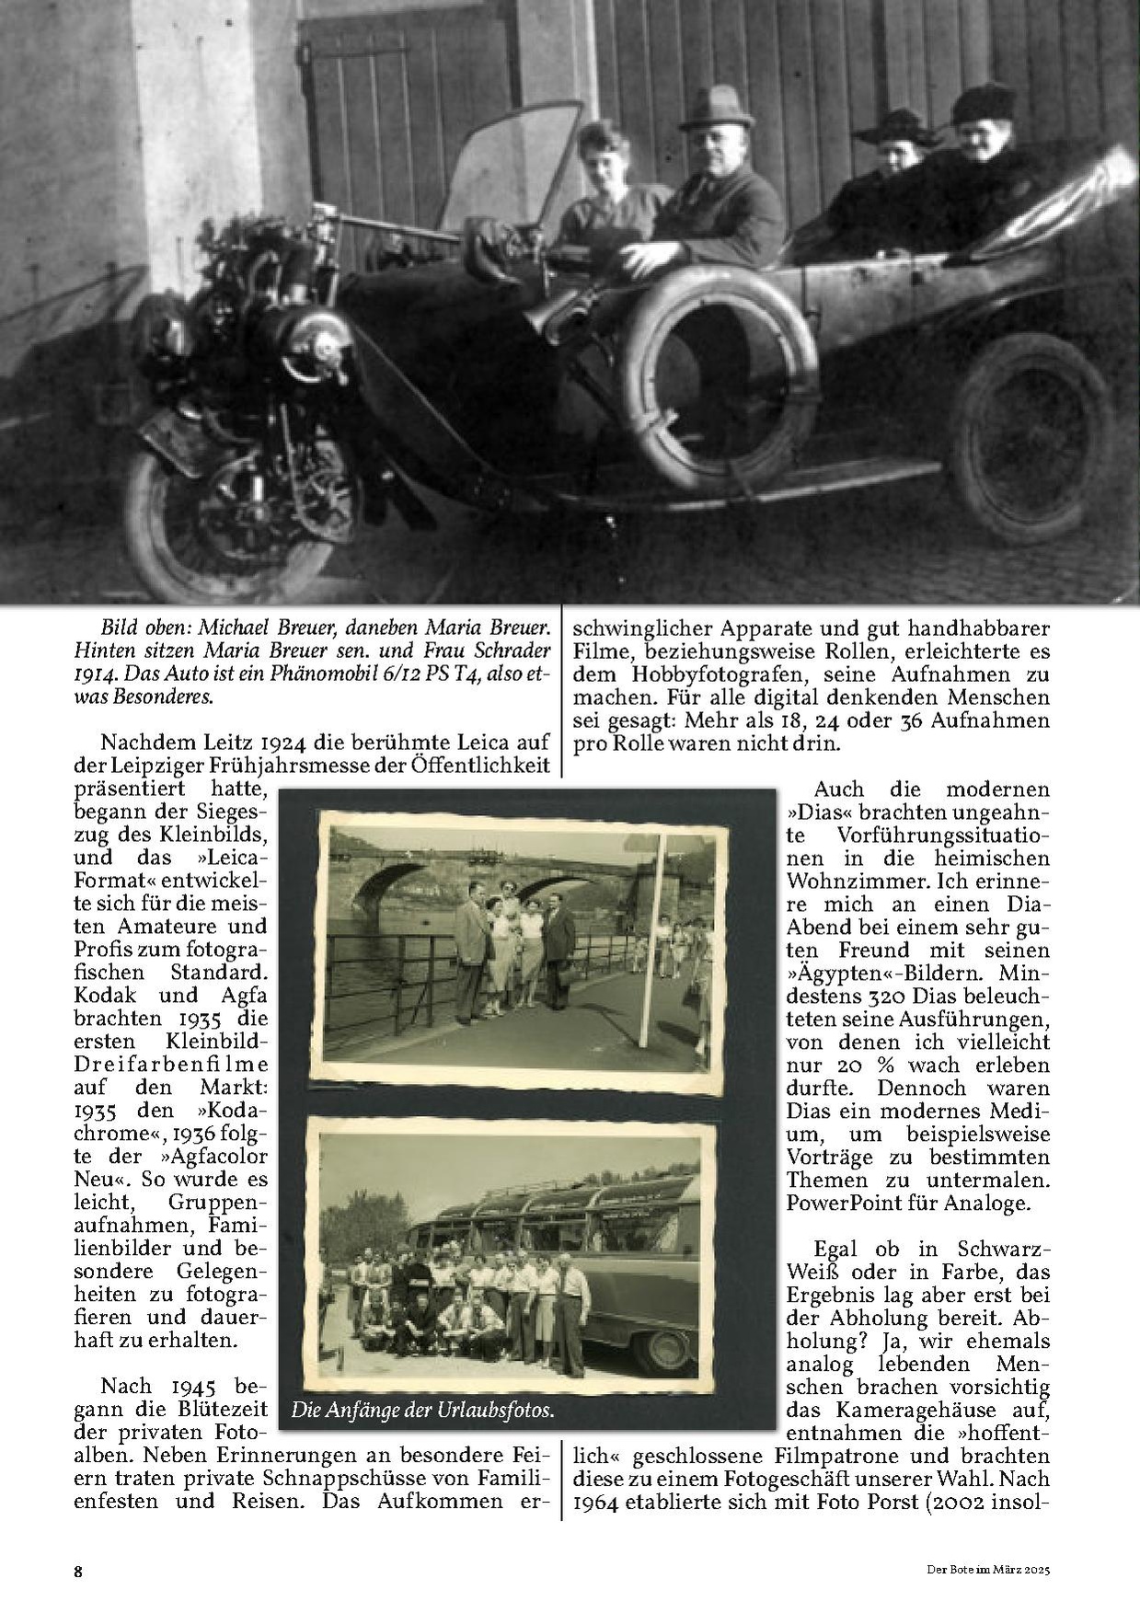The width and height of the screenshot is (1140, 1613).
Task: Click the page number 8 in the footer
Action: (78, 1571)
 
